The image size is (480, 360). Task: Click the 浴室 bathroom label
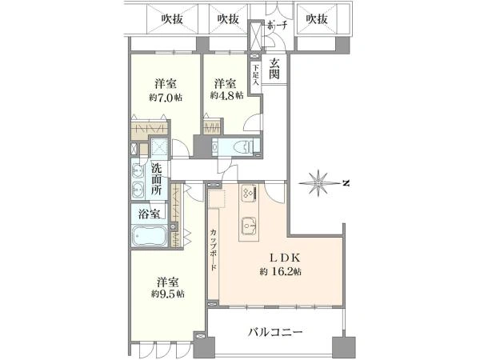(x=148, y=214)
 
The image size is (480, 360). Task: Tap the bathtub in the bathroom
(x=150, y=238)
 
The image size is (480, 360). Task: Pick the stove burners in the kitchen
(x=246, y=194)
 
